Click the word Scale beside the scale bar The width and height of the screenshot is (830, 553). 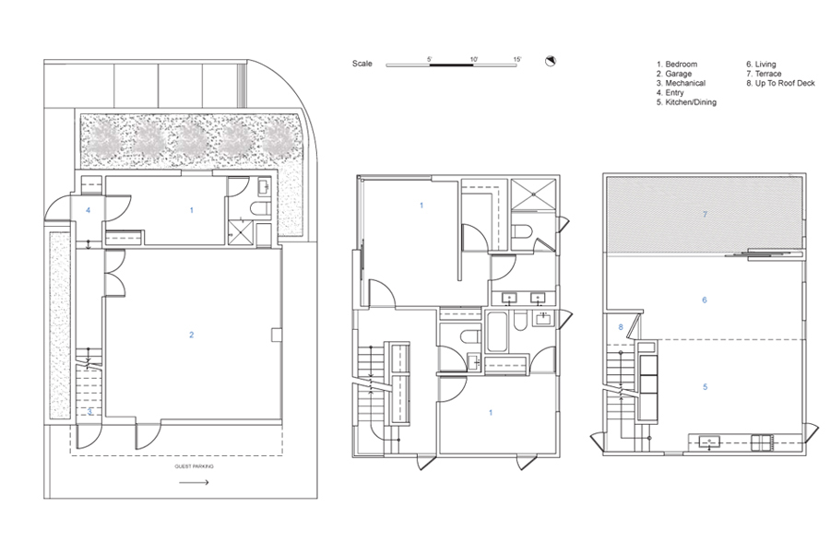(362, 64)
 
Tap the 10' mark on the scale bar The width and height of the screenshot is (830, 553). (474, 59)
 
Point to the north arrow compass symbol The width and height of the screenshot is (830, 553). (551, 62)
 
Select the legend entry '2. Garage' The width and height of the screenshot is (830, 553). (674, 74)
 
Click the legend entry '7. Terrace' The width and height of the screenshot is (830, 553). (764, 74)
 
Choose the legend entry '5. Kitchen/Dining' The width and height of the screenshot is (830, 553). (686, 102)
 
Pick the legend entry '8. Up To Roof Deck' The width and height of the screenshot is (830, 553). (781, 83)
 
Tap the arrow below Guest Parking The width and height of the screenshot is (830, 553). (194, 482)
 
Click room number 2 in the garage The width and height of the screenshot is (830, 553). (192, 335)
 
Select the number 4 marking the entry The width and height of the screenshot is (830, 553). (88, 210)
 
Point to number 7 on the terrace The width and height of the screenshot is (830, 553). (705, 215)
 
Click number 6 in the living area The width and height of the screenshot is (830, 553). (704, 300)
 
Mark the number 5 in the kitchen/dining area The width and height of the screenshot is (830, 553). (705, 387)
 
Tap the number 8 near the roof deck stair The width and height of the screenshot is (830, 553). (621, 327)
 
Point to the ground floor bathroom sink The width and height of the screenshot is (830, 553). (264, 186)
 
